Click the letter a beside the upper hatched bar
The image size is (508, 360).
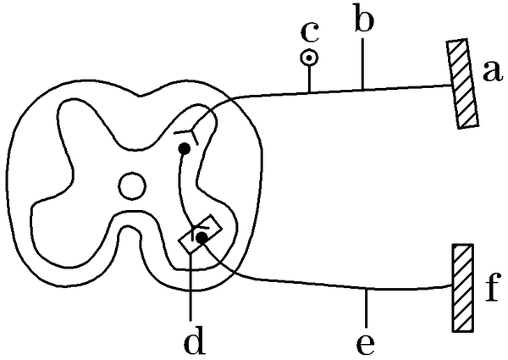[489, 75]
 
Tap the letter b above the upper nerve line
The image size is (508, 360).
[363, 22]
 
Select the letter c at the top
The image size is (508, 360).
[310, 33]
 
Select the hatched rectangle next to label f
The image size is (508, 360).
[461, 288]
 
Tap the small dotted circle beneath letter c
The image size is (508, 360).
[310, 58]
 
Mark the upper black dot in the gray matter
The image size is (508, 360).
[182, 149]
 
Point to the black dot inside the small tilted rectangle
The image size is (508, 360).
[201, 238]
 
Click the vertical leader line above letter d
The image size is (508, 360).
[193, 288]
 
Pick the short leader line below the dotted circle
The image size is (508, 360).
[310, 78]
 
